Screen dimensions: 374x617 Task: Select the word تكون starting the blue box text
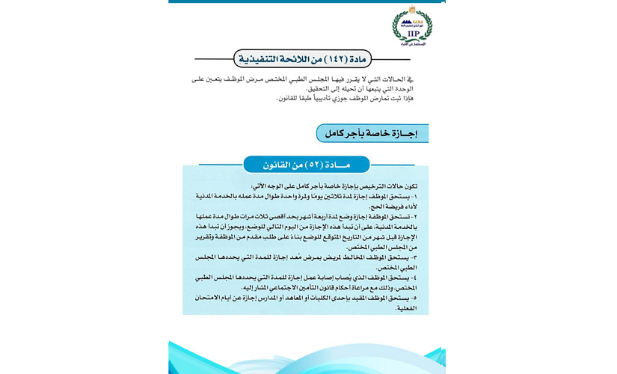tap(410, 186)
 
